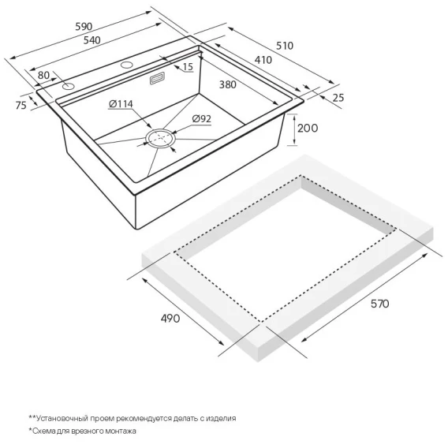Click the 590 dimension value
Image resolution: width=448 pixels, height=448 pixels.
pyautogui.click(x=84, y=26)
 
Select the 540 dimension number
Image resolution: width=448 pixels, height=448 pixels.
pyautogui.click(x=92, y=40)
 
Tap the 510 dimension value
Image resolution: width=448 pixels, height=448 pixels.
pyautogui.click(x=285, y=46)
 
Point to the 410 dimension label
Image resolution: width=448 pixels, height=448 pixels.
pyautogui.click(x=263, y=60)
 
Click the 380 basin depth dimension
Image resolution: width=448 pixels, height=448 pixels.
pyautogui.click(x=228, y=84)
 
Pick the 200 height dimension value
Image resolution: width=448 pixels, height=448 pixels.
pyautogui.click(x=308, y=128)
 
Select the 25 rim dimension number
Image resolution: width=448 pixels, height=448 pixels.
pyautogui.click(x=338, y=98)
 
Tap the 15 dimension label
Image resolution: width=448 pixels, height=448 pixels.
pyautogui.click(x=188, y=67)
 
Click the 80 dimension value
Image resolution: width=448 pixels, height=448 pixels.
pyautogui.click(x=43, y=75)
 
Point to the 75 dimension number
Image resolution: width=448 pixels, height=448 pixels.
pyautogui.click(x=21, y=106)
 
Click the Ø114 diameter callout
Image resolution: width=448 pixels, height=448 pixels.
pyautogui.click(x=121, y=104)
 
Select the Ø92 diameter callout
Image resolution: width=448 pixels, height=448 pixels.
pyautogui.click(x=202, y=118)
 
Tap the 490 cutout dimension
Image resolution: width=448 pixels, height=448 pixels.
pyautogui.click(x=170, y=319)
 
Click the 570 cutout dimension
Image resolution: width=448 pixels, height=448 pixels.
pyautogui.click(x=379, y=304)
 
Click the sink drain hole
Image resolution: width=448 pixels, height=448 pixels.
pyautogui.click(x=161, y=139)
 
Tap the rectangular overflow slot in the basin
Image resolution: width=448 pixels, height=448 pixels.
pyautogui.click(x=157, y=78)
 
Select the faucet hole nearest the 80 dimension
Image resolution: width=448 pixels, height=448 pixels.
pyautogui.click(x=69, y=86)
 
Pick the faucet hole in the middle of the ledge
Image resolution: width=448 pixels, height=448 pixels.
pyautogui.click(x=126, y=65)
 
